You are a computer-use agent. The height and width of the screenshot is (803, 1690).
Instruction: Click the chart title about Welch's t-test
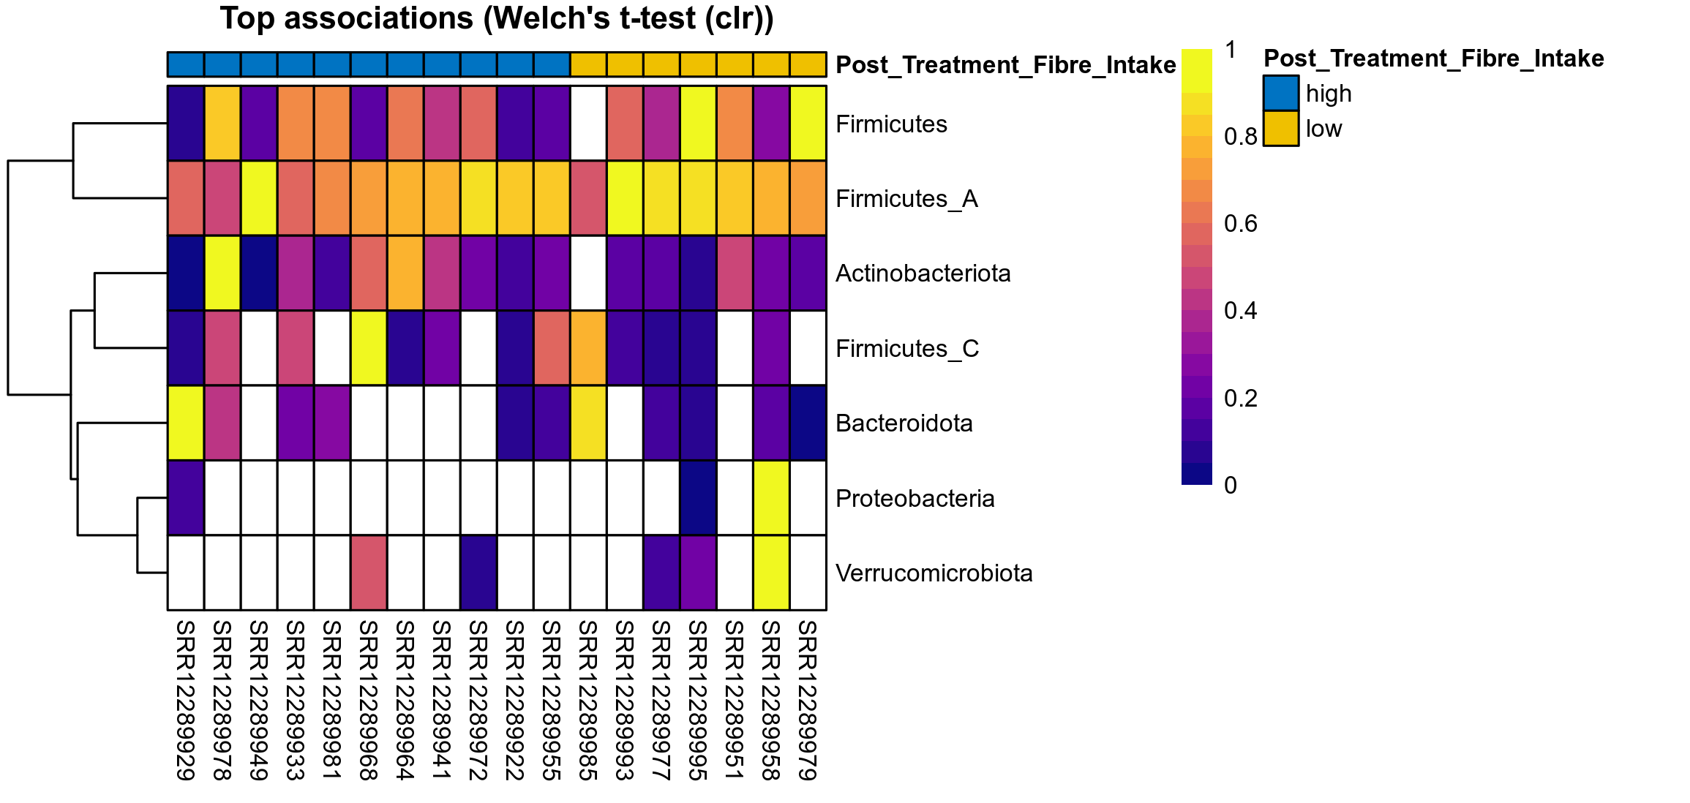497,19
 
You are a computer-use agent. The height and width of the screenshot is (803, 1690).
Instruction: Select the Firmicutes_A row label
906,199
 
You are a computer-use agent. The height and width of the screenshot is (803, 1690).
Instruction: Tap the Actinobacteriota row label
923,274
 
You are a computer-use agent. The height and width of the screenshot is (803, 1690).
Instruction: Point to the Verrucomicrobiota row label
934,573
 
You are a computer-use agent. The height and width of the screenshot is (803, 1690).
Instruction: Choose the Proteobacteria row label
915,499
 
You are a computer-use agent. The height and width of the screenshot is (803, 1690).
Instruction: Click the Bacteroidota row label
904,423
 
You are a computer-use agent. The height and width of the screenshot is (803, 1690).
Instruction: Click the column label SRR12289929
186,700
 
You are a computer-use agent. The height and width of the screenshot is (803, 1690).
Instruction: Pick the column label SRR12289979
808,700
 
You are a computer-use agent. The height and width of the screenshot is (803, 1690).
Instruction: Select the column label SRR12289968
369,700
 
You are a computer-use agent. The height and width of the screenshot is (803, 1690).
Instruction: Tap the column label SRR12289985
588,700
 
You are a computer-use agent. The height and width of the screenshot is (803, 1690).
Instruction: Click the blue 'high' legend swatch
1280,94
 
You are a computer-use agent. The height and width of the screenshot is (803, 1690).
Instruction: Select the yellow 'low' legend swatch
1280,129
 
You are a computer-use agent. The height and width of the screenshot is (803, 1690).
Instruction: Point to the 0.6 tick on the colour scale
1240,224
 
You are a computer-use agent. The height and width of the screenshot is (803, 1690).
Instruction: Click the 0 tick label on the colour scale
1231,485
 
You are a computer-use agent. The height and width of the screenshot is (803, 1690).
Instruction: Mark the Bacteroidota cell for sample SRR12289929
186,423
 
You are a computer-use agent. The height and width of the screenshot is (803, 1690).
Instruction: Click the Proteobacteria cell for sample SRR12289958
771,498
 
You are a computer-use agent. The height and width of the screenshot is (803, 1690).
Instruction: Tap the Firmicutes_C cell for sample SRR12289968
369,348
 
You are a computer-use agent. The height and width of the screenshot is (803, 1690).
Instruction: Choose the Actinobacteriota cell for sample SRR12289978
222,274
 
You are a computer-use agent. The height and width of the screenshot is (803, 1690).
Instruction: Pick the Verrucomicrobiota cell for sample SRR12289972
478,573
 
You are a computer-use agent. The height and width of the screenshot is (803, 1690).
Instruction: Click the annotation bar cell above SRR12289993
625,64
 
